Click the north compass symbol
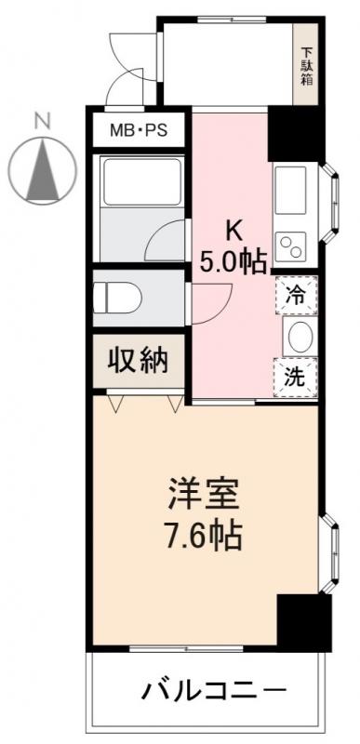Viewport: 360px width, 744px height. (41, 168)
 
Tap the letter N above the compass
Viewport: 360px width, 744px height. (41, 119)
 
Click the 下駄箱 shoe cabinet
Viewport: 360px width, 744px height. (307, 65)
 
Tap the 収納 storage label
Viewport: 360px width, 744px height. (140, 361)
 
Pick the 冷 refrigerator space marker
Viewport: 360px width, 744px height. (295, 297)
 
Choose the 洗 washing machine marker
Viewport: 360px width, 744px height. (295, 378)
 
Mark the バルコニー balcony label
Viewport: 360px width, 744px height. (214, 691)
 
